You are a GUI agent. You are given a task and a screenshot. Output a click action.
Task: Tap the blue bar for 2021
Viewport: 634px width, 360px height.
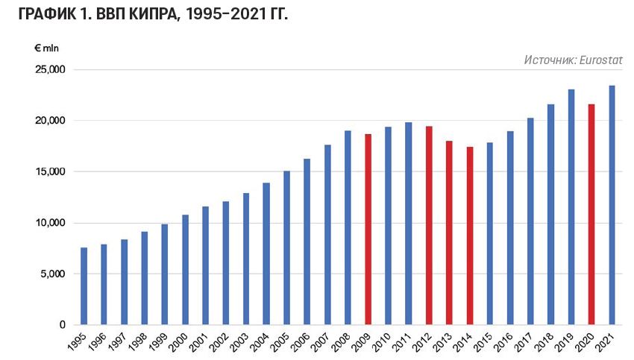coord(612,206)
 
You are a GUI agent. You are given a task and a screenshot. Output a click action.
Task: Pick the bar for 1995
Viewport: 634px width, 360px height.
coord(84,286)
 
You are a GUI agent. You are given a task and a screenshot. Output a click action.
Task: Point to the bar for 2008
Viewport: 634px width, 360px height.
coord(348,228)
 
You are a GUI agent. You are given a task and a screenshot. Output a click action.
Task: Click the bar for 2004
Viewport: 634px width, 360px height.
coord(266,253)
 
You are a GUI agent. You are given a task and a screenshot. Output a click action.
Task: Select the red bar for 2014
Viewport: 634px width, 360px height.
coord(469,236)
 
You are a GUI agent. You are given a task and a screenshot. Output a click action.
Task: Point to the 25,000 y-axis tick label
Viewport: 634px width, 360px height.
coord(51,69)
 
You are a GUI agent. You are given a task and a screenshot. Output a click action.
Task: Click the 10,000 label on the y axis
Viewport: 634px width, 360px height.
coord(51,223)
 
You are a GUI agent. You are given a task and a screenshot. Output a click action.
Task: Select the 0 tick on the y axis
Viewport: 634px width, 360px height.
coord(63,325)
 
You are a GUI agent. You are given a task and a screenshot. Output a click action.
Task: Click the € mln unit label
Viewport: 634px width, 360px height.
coord(46,48)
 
